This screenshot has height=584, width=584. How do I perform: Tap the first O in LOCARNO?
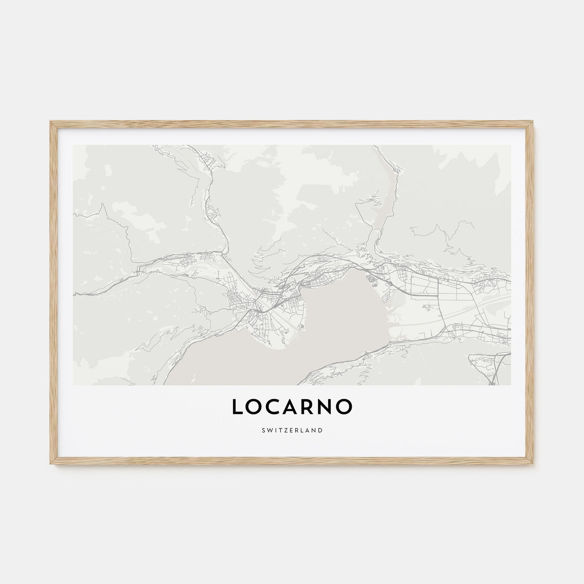pyautogui.click(x=252, y=407)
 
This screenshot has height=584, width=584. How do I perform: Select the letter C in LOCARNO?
pyautogui.click(x=269, y=407)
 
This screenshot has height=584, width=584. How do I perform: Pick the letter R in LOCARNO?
pyautogui.click(x=305, y=407)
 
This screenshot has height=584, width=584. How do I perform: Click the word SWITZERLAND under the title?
pyautogui.click(x=292, y=430)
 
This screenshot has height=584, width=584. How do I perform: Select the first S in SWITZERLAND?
pyautogui.click(x=263, y=430)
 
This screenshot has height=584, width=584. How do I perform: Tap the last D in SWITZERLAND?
pyautogui.click(x=320, y=430)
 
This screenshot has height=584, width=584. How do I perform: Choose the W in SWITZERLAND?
pyautogui.click(x=269, y=430)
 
